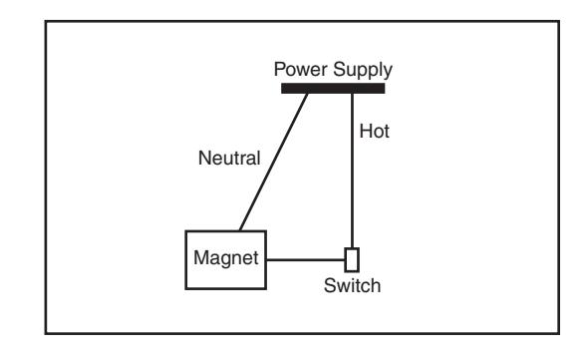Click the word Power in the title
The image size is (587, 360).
(301, 69)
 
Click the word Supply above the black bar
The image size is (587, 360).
(363, 71)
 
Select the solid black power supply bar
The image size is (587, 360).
(333, 89)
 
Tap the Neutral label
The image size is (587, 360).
(229, 159)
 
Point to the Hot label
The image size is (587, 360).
(375, 132)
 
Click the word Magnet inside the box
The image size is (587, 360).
(226, 258)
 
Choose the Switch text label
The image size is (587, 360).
(352, 286)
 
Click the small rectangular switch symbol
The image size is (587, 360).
(352, 259)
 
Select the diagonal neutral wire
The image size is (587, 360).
(274, 162)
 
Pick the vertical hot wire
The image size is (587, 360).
(352, 171)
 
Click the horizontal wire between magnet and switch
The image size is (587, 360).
(306, 259)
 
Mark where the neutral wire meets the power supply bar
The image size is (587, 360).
(307, 94)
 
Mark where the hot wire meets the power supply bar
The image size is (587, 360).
(352, 94)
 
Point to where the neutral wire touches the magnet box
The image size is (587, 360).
(240, 230)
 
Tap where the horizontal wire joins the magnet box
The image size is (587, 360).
(266, 259)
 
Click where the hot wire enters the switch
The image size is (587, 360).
(352, 248)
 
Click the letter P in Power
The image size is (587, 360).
(279, 69)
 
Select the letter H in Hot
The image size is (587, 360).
(366, 132)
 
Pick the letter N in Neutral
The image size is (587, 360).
(204, 159)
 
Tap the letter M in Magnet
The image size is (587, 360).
(200, 257)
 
